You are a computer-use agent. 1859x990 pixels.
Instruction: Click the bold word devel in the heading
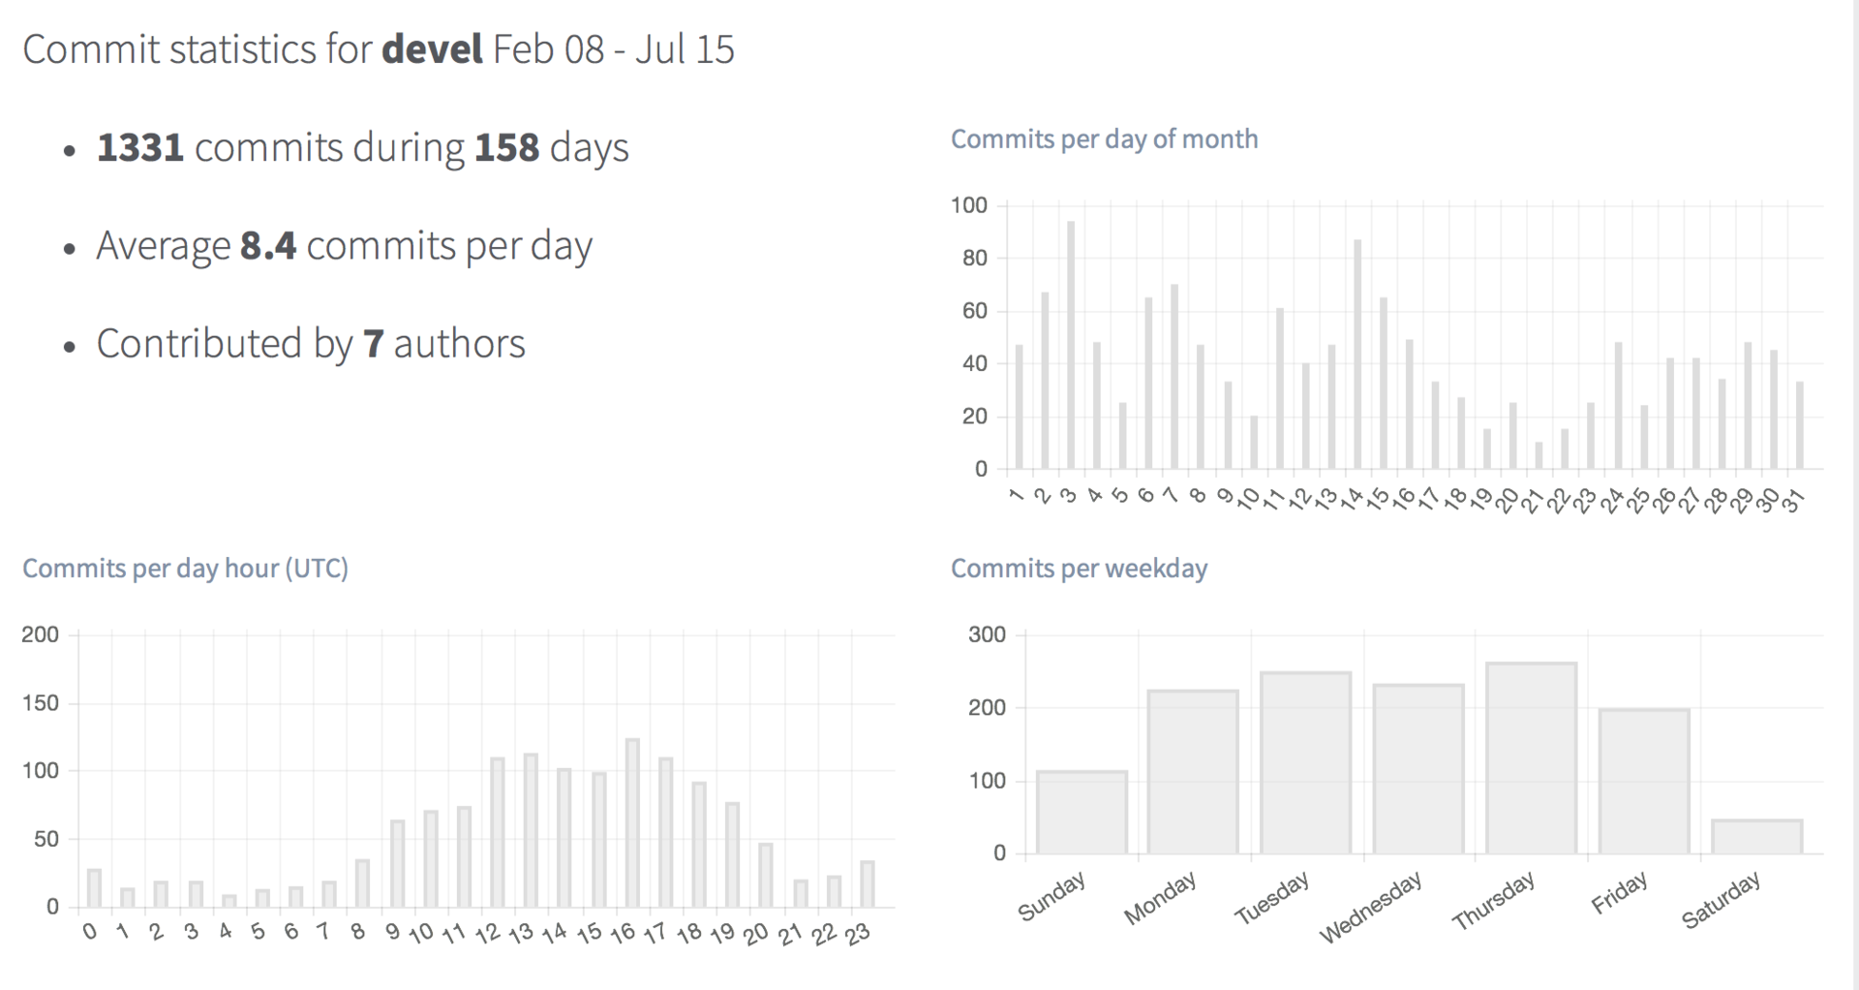point(432,49)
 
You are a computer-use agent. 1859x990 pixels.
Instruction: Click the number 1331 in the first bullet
point(140,147)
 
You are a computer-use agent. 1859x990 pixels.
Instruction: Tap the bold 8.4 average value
point(268,246)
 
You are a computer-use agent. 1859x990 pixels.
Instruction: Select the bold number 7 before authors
point(374,344)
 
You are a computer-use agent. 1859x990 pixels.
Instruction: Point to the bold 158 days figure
point(506,147)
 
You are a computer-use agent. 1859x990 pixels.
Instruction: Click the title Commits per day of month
point(1104,139)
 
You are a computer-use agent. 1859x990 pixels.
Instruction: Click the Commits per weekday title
point(1079,569)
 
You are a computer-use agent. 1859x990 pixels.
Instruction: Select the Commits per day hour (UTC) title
point(185,569)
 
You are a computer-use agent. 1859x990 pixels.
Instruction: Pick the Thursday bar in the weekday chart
point(1531,758)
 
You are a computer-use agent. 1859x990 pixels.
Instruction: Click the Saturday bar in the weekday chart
point(1756,837)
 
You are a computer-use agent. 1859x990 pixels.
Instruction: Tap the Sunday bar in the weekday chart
point(1082,812)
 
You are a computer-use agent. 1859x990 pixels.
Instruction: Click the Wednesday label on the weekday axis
point(1371,907)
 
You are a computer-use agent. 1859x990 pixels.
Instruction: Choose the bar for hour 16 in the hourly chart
point(632,823)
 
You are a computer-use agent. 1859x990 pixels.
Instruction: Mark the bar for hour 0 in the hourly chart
point(94,888)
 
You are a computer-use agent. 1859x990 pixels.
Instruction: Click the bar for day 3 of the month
point(1070,346)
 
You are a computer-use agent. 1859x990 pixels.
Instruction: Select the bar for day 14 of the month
point(1357,355)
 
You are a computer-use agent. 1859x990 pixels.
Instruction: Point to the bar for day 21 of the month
point(1539,456)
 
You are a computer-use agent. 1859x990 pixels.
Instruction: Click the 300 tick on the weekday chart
point(987,634)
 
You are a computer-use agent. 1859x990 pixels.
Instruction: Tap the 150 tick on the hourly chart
point(40,703)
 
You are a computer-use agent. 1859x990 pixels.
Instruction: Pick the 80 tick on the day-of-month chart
point(974,258)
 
